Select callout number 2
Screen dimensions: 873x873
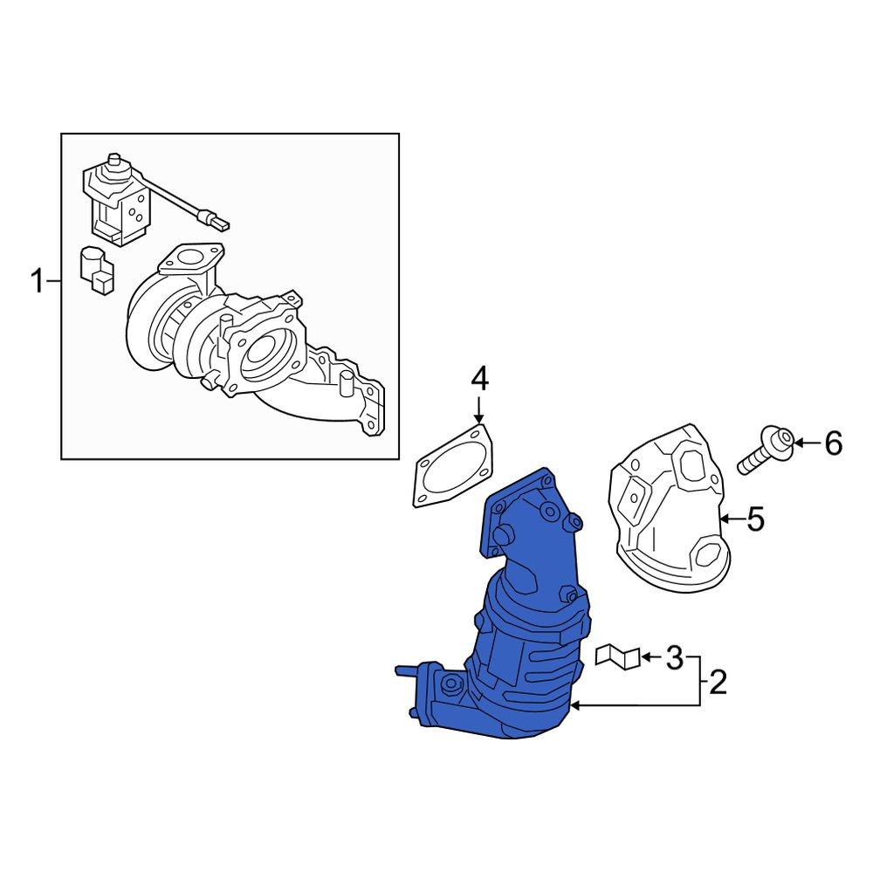click(x=718, y=682)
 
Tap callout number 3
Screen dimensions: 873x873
click(x=674, y=657)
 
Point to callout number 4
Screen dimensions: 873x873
click(x=479, y=379)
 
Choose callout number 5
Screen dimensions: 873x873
click(x=755, y=519)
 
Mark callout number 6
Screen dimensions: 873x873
click(x=834, y=443)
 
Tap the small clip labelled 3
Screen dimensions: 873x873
click(x=617, y=656)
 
